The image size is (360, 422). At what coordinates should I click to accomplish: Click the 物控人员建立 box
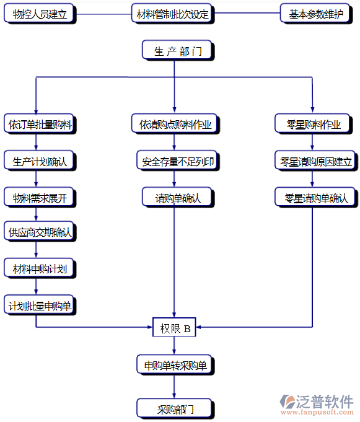coord(39,14)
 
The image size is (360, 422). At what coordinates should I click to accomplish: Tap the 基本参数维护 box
coord(315,14)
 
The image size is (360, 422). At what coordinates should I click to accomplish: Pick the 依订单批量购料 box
coord(40,125)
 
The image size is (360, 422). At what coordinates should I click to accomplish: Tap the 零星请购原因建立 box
coord(315,161)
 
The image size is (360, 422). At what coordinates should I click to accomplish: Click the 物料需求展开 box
coord(40,198)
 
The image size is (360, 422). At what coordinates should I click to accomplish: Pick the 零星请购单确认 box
coord(315,198)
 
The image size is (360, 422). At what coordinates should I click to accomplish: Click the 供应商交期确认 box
coord(40,232)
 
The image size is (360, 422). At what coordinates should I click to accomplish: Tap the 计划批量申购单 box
coord(40,305)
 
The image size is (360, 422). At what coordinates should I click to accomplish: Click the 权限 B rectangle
coord(175,328)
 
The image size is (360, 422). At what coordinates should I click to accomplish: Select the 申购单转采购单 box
coord(175,364)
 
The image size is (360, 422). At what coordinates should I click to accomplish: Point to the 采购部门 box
coord(175,408)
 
